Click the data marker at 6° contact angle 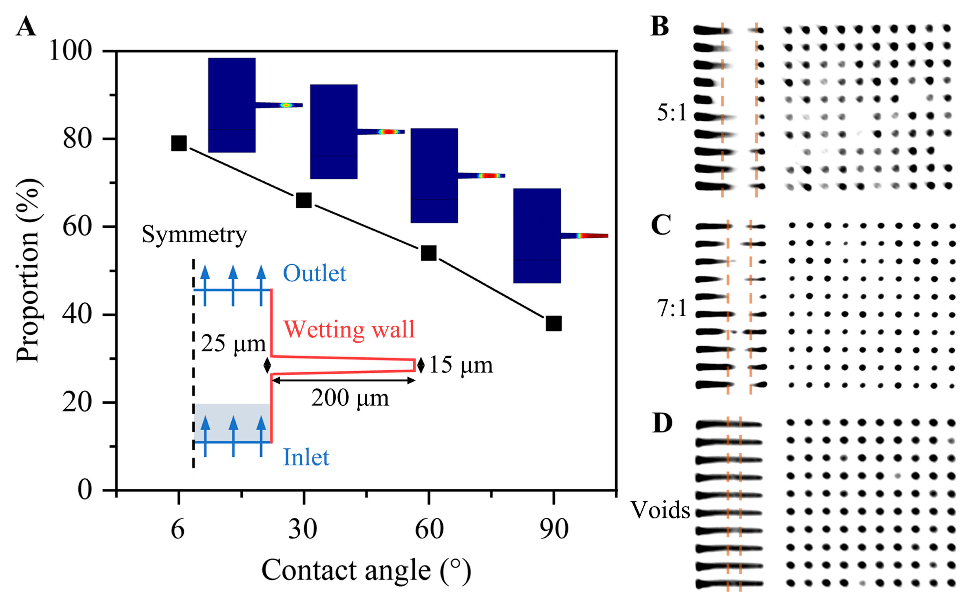[x=179, y=143]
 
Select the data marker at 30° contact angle [x=304, y=200]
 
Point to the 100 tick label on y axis [x=70, y=51]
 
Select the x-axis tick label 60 [x=429, y=529]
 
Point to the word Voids [x=660, y=510]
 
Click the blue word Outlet [x=314, y=273]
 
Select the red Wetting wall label [x=349, y=330]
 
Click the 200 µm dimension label [x=350, y=398]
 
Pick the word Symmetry [x=195, y=235]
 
